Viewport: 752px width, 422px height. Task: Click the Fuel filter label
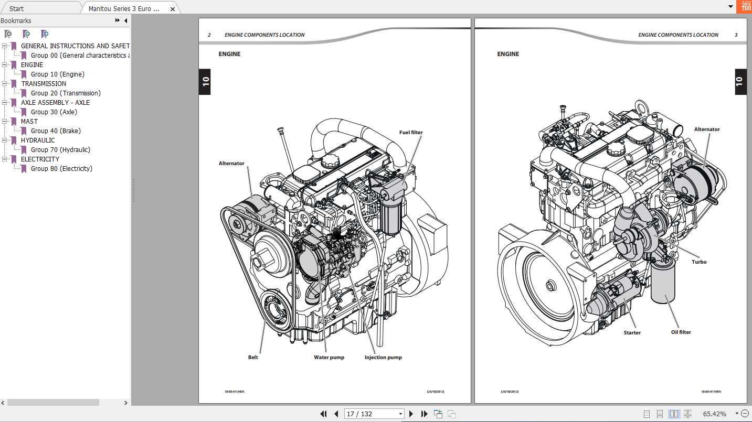click(410, 133)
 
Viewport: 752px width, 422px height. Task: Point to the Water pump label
click(329, 358)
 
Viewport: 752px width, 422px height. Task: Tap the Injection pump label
click(383, 358)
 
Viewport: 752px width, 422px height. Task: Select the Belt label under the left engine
click(253, 358)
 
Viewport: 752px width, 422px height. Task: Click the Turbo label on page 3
click(698, 262)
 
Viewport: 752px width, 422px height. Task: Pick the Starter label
click(632, 333)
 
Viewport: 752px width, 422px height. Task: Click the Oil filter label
click(681, 332)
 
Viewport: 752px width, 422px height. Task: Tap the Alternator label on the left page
click(231, 164)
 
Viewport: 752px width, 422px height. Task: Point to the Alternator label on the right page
click(707, 129)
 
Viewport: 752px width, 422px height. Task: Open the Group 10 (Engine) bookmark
click(57, 74)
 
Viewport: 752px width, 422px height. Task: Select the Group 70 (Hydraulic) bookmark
click(60, 150)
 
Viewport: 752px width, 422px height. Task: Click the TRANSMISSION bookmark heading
click(44, 84)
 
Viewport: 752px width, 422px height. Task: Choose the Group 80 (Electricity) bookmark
click(61, 169)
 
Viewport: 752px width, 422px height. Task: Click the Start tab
click(16, 8)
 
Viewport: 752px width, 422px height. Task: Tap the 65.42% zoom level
click(714, 414)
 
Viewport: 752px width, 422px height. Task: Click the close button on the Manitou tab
click(173, 9)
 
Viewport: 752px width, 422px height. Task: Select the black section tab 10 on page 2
click(205, 82)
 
